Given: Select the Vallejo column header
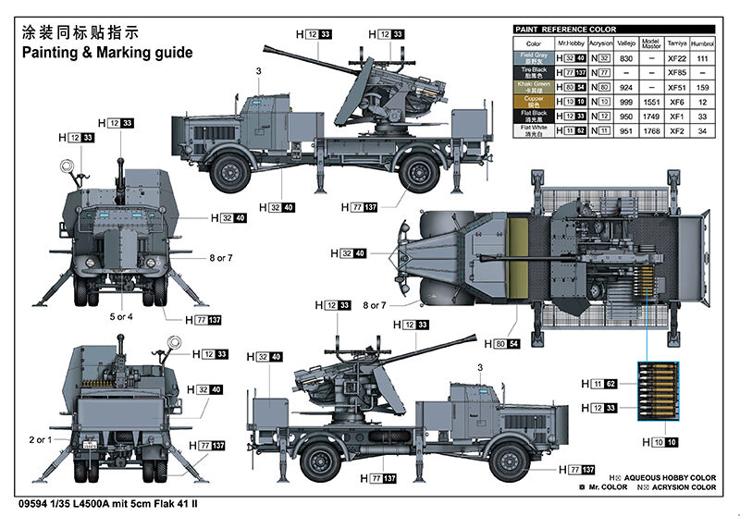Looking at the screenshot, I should pyautogui.click(x=626, y=43).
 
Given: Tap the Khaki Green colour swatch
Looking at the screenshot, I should pyautogui.click(x=533, y=86).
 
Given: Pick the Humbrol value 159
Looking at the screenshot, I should pyautogui.click(x=704, y=86).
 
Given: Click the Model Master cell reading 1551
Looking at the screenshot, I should pyautogui.click(x=650, y=101).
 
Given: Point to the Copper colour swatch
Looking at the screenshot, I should pyautogui.click(x=533, y=101).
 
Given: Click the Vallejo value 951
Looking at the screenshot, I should pyautogui.click(x=626, y=130).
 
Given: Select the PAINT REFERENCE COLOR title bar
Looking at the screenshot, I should pyautogui.click(x=559, y=29).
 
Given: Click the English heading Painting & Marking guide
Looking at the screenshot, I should pyautogui.click(x=107, y=53).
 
